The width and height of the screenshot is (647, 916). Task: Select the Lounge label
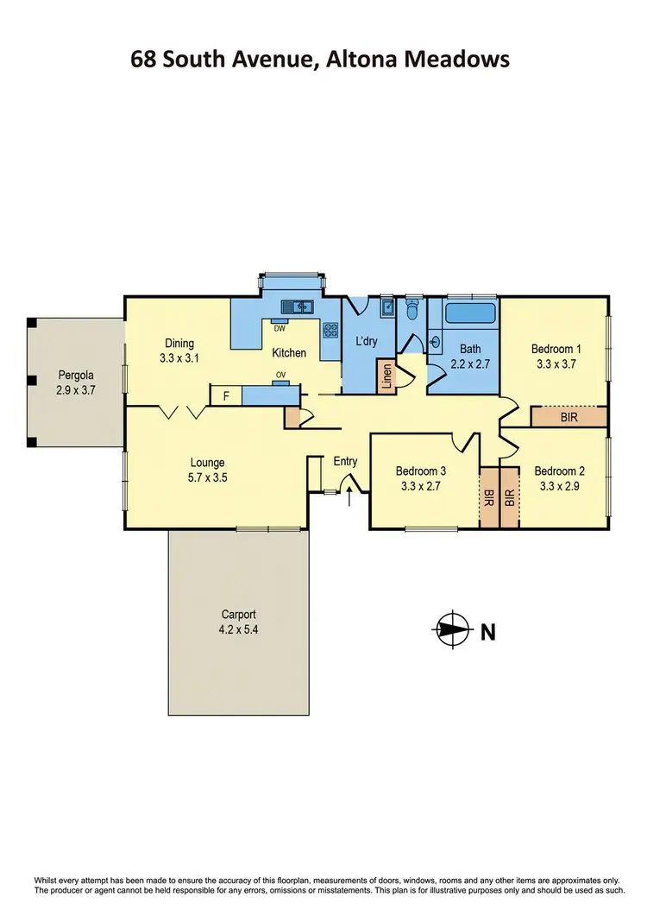pos(207,462)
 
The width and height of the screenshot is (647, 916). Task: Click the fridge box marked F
pos(226,396)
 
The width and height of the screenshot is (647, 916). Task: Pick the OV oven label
pos(280,375)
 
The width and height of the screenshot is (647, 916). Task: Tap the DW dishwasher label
pos(280,328)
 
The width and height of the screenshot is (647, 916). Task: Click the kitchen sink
pos(298,305)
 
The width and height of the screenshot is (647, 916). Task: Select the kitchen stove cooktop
pos(330,329)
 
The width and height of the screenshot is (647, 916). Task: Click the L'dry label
pos(367,341)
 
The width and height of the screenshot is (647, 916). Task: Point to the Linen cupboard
pos(386,377)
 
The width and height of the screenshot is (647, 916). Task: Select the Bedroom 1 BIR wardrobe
pos(568,417)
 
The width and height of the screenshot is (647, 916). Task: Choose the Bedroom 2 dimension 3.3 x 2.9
pos(559,486)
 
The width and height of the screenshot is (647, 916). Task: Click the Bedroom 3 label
pos(421,471)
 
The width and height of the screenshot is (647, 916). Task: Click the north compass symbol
pos(452,630)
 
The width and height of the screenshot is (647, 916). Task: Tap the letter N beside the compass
pos(487,631)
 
